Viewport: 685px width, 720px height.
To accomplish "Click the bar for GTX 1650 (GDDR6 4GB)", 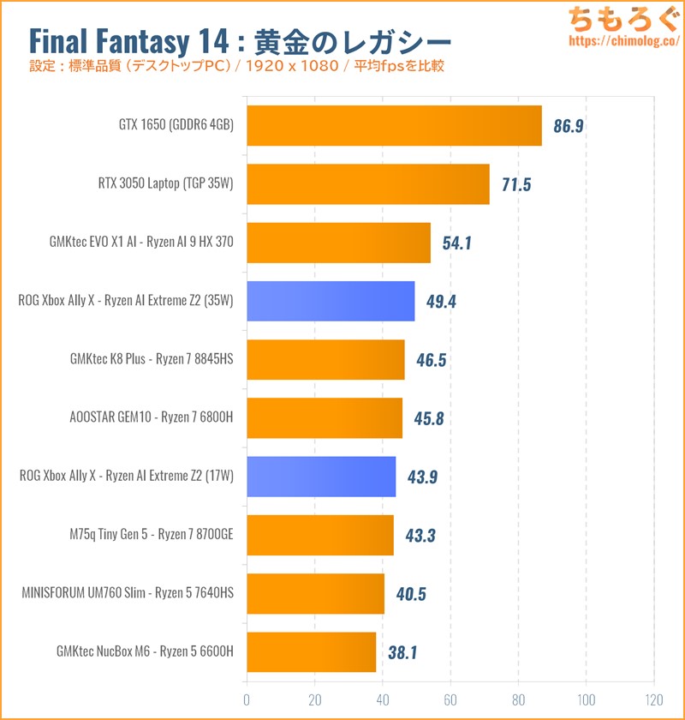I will pyautogui.click(x=394, y=126).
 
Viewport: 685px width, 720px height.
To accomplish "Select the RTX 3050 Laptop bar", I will pyautogui.click(x=368, y=184).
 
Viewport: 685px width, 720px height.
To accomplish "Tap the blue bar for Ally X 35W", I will pyautogui.click(x=331, y=301).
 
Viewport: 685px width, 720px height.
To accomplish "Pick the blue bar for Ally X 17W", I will pyautogui.click(x=321, y=477).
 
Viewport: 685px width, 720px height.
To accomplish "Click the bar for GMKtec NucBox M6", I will pyautogui.click(x=311, y=652).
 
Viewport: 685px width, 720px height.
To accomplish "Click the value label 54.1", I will pyautogui.click(x=457, y=243).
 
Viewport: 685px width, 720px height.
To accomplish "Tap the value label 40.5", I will pyautogui.click(x=411, y=594).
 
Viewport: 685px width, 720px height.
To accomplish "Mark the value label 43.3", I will pyautogui.click(x=421, y=536).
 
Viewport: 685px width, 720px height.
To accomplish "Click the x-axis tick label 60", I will pyautogui.click(x=450, y=698).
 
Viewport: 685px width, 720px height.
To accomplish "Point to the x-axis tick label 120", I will pyautogui.click(x=654, y=698).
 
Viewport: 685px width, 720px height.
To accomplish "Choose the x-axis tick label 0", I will pyautogui.click(x=247, y=698).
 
